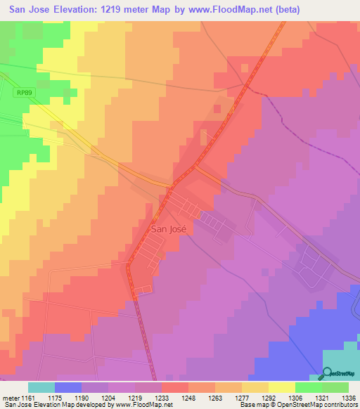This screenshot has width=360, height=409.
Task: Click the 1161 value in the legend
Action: click(28, 398)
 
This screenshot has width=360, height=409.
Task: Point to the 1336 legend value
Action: click(348, 398)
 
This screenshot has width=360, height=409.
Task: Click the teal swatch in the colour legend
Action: click(41, 387)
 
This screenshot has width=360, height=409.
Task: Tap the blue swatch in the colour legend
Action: click(68, 387)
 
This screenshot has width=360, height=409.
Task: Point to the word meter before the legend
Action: click(11, 398)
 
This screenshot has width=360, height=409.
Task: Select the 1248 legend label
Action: click(188, 398)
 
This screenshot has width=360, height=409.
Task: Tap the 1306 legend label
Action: click(295, 398)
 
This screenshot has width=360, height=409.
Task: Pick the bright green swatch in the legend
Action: click(309, 387)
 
